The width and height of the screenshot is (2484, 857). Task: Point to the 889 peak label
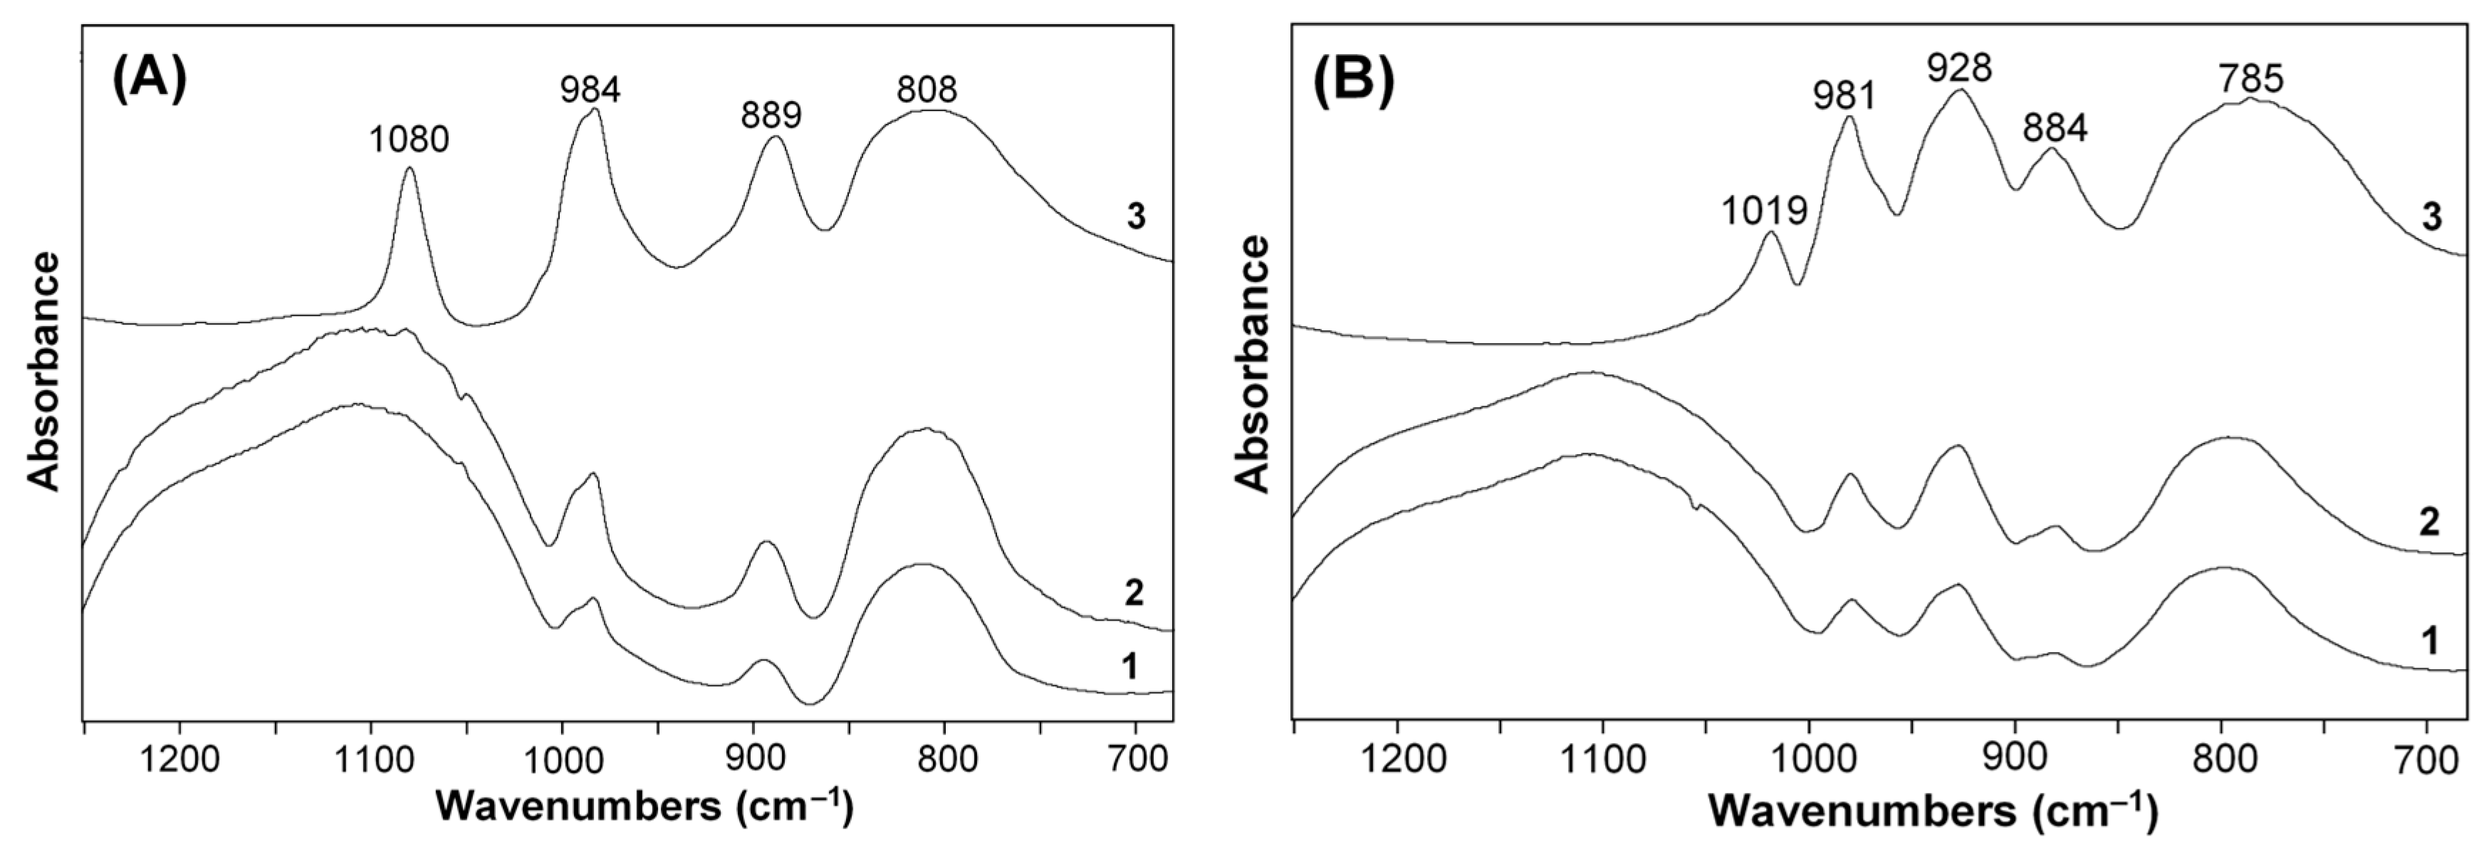(771, 116)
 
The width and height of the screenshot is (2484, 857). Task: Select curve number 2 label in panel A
(1134, 593)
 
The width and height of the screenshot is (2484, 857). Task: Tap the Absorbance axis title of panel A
(44, 371)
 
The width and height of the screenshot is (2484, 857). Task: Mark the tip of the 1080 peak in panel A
(409, 168)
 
